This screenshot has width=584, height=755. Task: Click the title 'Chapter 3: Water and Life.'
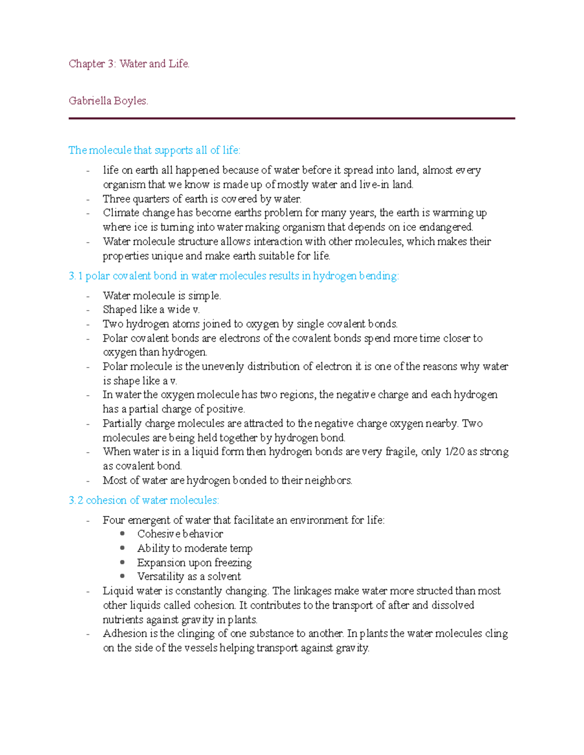[129, 64]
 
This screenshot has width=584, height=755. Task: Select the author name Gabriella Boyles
[108, 101]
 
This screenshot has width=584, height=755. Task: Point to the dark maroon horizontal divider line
[292, 118]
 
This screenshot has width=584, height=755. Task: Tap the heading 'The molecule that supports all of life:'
[154, 150]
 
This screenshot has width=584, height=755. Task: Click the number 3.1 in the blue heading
[75, 276]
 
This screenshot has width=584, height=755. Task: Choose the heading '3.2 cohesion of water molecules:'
[144, 500]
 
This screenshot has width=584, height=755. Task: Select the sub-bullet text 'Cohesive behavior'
[180, 534]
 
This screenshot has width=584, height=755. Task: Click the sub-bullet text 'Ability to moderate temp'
[195, 548]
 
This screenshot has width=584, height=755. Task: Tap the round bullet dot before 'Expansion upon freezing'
[123, 562]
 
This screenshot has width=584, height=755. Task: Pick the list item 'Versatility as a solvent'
[189, 577]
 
